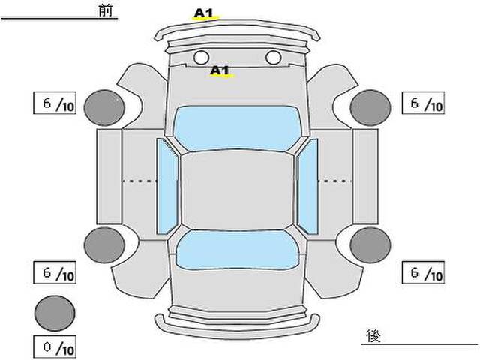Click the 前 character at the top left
[x=106, y=10]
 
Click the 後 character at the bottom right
[x=373, y=336]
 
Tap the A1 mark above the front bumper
[x=203, y=13]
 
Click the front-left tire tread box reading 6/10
[x=55, y=103]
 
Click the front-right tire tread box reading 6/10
[x=423, y=103]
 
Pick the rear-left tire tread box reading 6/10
[x=55, y=272]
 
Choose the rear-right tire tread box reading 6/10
[x=423, y=272]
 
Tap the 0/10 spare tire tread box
[x=55, y=347]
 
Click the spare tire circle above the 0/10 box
[x=55, y=313]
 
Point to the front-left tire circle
[x=104, y=108]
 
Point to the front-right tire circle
[x=370, y=108]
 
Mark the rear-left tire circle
[x=104, y=245]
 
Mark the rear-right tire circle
[x=370, y=245]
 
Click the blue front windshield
[x=237, y=128]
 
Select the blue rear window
[x=237, y=250]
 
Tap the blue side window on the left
[x=167, y=187]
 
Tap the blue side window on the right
[x=307, y=187]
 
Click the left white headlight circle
[x=201, y=57]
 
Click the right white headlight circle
[x=273, y=57]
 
